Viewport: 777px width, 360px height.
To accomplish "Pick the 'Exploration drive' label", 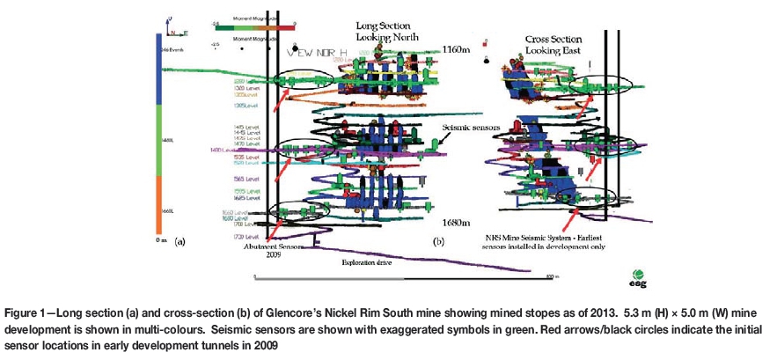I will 366,261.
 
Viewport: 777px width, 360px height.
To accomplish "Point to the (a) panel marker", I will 180,239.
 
